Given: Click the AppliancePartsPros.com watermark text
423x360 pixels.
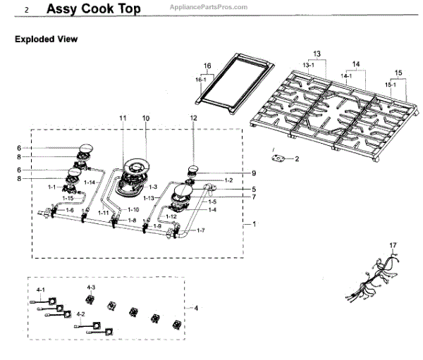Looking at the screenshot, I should coord(209,6).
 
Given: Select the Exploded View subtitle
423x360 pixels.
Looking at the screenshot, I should coord(46,39).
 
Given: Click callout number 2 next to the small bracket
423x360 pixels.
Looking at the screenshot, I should coord(297,159).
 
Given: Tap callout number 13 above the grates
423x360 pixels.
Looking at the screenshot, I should coord(317,54).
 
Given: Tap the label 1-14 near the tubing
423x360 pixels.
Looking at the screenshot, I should coord(90,182).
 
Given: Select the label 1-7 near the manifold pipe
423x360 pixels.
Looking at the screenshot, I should coord(201,231).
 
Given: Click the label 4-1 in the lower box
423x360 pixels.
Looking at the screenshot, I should coord(41,290).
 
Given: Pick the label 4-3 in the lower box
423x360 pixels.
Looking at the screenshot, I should coord(91,288).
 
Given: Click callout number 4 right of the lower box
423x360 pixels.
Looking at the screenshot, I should coord(196,308).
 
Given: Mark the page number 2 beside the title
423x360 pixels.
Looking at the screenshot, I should coord(26,11).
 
